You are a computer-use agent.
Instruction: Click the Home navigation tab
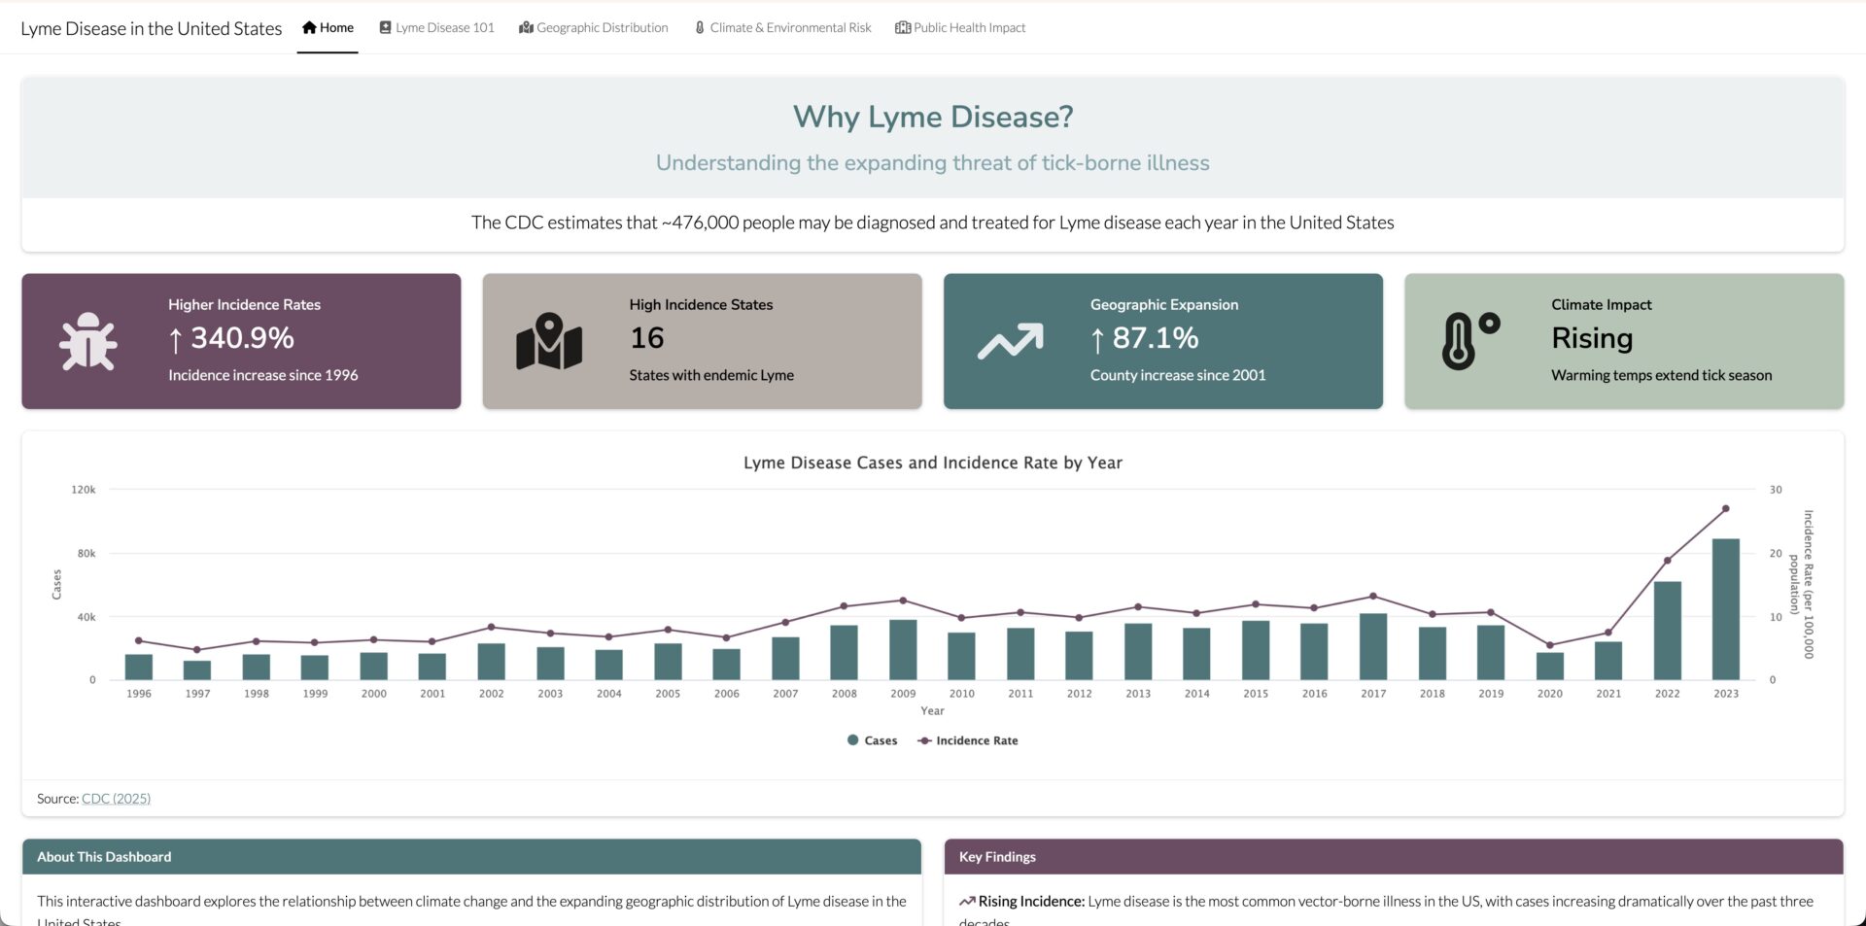(328, 28)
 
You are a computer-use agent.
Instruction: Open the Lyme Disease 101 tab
(436, 28)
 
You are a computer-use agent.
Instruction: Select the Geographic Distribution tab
(594, 28)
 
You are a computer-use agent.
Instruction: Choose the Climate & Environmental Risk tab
(782, 28)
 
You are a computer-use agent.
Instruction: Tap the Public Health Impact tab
(960, 28)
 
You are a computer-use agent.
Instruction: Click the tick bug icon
(88, 341)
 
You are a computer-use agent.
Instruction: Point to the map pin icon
(549, 341)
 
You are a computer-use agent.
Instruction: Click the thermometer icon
(1469, 341)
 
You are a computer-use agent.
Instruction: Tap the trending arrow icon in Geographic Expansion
(1010, 341)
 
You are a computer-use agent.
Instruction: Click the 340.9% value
(242, 338)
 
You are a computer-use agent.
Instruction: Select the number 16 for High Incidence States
(647, 338)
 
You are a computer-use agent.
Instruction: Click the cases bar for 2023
(1725, 609)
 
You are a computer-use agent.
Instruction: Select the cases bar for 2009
(903, 650)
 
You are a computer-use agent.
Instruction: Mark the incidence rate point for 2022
(1667, 561)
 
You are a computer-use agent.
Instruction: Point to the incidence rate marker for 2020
(1550, 645)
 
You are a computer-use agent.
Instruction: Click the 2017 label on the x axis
(1373, 694)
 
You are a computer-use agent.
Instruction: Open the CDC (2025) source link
(116, 799)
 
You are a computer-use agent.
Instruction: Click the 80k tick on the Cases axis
(86, 554)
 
